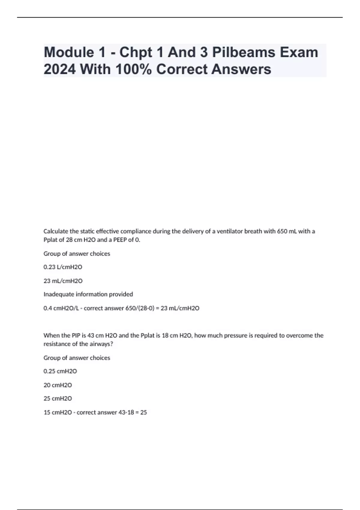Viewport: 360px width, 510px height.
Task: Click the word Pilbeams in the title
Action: (244, 52)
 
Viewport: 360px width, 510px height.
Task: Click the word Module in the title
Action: (69, 52)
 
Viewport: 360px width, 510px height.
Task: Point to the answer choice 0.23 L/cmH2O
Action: (63, 267)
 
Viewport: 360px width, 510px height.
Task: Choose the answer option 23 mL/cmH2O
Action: (63, 281)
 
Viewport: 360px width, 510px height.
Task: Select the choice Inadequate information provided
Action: (88, 294)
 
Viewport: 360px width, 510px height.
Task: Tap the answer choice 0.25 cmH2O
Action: (60, 371)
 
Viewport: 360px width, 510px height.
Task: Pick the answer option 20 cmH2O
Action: (58, 385)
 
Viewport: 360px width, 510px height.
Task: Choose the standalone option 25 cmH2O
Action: (58, 398)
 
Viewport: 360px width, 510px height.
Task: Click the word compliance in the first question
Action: (136, 231)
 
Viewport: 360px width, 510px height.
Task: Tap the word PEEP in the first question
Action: (120, 240)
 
